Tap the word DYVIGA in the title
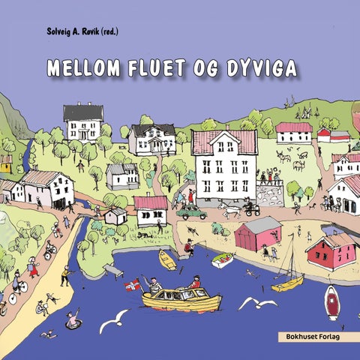click(259, 69)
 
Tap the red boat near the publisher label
click(332, 302)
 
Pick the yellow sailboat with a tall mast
click(287, 281)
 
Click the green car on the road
click(192, 212)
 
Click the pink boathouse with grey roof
click(257, 233)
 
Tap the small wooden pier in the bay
click(112, 270)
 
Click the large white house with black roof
click(83, 121)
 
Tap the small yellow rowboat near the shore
click(167, 259)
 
